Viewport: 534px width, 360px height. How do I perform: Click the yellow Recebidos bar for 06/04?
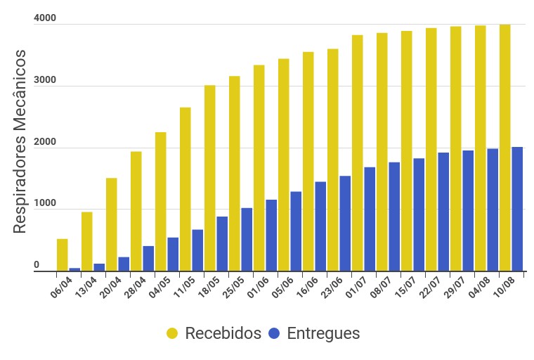tap(63, 255)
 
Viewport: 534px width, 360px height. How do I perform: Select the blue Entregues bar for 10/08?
tap(517, 209)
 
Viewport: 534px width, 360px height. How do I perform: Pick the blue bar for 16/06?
tap(320, 226)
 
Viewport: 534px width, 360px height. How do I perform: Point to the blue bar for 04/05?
tap(173, 254)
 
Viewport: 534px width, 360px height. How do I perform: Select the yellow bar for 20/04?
tap(112, 224)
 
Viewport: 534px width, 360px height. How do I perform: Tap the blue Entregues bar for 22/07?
tap(443, 212)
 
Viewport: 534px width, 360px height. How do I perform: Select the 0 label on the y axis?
tap(37, 265)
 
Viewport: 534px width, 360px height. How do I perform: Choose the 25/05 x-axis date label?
tap(232, 288)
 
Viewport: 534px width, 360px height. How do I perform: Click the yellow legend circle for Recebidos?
tap(172, 333)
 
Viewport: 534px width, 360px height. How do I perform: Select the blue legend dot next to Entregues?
tap(274, 333)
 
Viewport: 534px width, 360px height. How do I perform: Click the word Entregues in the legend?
tap(323, 333)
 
